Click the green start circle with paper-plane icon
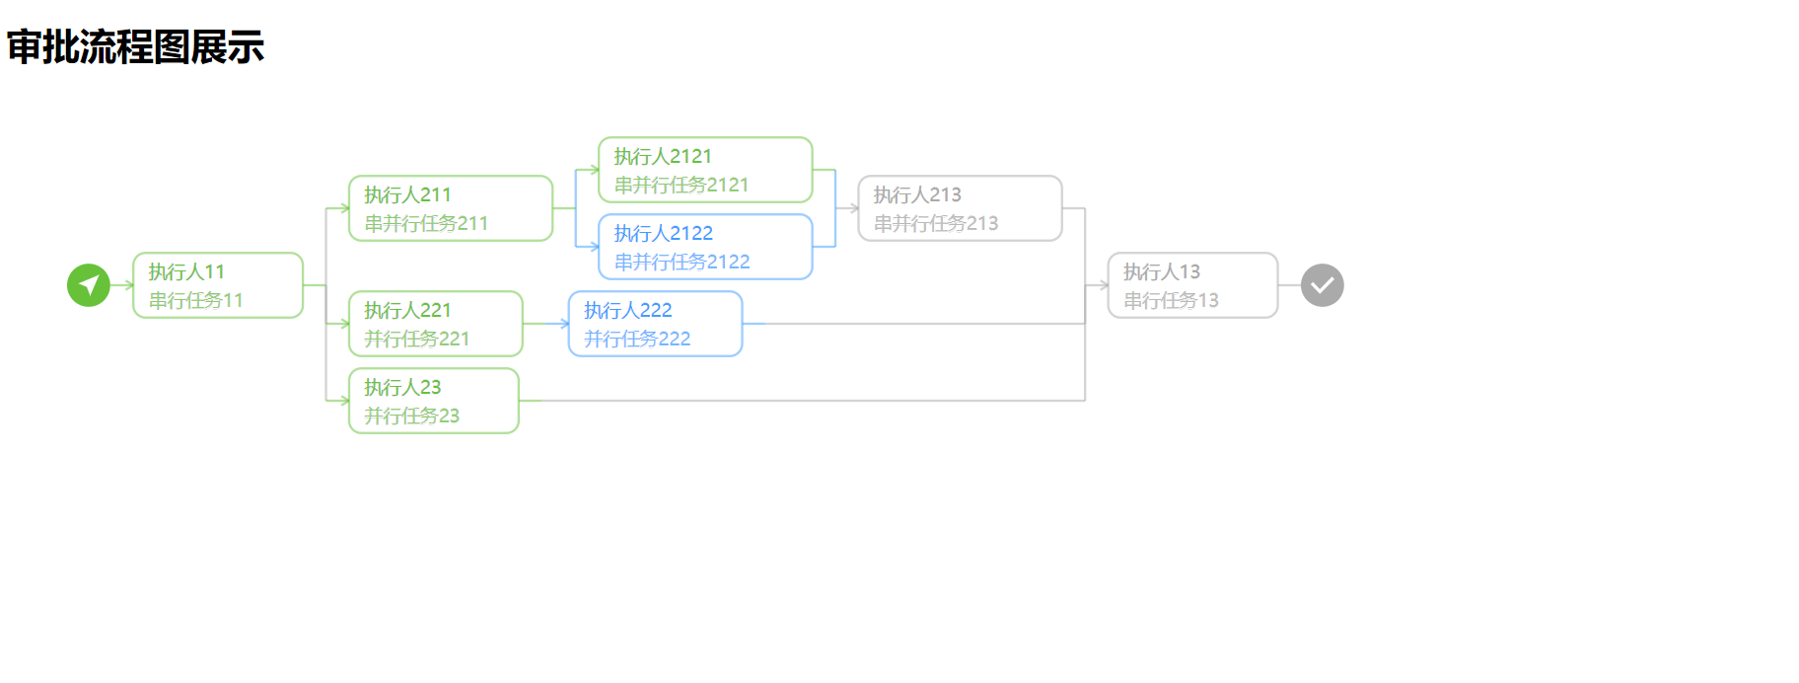pyautogui.click(x=89, y=285)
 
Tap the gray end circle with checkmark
pyautogui.click(x=1322, y=285)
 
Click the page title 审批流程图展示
pyautogui.click(x=135, y=47)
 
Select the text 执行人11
pyautogui.click(x=186, y=271)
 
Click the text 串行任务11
pyautogui.click(x=195, y=300)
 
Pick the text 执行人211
pyautogui.click(x=407, y=194)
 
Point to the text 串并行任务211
pyautogui.click(x=426, y=223)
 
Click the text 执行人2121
pyautogui.click(x=663, y=156)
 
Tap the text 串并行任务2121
pyautogui.click(x=682, y=185)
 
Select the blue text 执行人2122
pyautogui.click(x=663, y=233)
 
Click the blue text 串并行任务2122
pyautogui.click(x=682, y=262)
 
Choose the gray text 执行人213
pyautogui.click(x=917, y=194)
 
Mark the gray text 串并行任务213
pyautogui.click(x=936, y=223)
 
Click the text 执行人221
pyautogui.click(x=407, y=310)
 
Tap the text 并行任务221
pyautogui.click(x=416, y=339)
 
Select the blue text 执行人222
pyautogui.click(x=627, y=310)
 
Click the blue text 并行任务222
pyautogui.click(x=636, y=339)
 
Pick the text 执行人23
pyautogui.click(x=402, y=387)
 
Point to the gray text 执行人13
pyautogui.click(x=1162, y=271)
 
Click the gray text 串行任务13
pyautogui.click(x=1171, y=300)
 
